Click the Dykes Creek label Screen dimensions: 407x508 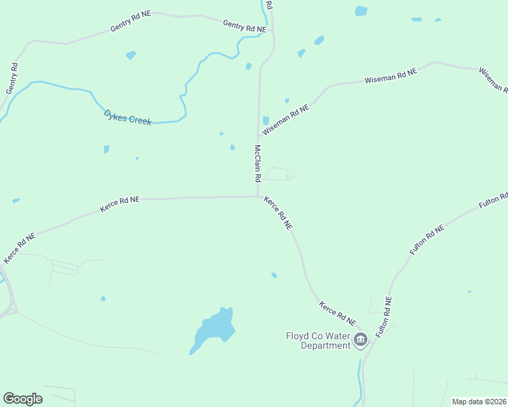click(x=127, y=117)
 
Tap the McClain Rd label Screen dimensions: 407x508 click(x=258, y=163)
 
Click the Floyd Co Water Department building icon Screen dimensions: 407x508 click(x=361, y=338)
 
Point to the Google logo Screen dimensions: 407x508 click(x=22, y=399)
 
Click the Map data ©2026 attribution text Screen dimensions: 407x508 click(x=478, y=402)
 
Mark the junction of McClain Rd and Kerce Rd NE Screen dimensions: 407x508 click(x=258, y=197)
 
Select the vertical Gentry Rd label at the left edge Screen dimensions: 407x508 click(x=12, y=78)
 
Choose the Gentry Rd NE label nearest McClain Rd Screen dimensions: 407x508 click(x=244, y=26)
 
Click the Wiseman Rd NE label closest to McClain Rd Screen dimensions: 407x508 click(x=291, y=117)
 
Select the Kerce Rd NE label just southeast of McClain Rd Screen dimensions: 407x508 click(x=278, y=212)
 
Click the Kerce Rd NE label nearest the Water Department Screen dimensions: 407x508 click(x=338, y=312)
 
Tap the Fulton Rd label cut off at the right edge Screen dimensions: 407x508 click(x=494, y=201)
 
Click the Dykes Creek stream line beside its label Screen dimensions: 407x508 click(x=163, y=123)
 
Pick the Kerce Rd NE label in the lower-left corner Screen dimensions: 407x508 click(x=19, y=249)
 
